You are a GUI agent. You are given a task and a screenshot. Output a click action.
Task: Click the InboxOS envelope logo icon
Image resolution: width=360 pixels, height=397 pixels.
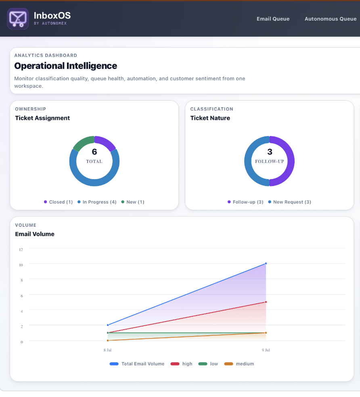pos(18,19)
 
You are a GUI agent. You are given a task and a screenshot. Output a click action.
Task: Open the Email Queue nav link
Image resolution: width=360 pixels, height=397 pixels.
pos(273,19)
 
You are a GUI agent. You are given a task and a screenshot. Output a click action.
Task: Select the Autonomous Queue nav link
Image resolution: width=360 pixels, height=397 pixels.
pos(331,19)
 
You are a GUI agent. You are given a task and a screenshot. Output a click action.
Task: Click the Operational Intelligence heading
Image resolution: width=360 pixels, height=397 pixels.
pos(66,66)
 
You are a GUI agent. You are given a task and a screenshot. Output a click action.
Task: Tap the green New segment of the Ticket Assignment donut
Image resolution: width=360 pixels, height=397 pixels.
pos(82,142)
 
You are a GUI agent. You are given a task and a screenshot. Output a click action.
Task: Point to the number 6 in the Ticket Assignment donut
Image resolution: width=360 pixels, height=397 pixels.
pos(94,152)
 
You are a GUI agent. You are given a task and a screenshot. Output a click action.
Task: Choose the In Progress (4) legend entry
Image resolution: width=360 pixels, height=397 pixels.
pos(97,202)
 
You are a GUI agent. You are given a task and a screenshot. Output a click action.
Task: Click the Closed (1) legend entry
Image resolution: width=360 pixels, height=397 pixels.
pos(58,202)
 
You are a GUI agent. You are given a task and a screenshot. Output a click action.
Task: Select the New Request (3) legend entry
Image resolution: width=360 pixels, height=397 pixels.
pos(289,202)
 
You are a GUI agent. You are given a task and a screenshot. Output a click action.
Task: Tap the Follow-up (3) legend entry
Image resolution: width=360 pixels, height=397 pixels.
pos(245,202)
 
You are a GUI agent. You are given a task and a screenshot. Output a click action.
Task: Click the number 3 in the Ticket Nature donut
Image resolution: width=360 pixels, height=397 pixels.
pos(270,152)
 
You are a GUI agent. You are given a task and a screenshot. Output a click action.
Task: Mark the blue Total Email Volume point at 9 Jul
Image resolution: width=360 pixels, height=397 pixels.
pos(266,263)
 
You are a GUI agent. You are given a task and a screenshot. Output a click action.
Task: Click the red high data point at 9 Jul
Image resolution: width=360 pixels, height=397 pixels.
pos(266,302)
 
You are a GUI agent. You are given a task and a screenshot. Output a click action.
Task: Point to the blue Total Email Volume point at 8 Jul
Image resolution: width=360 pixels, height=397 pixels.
pos(108,325)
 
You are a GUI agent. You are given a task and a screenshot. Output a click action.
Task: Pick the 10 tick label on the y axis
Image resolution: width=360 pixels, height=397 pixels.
pos(21,265)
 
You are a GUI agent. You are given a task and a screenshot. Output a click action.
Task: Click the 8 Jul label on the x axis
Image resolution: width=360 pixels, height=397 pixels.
pos(107,350)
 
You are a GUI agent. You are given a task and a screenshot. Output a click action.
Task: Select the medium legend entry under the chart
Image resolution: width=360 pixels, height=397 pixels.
pos(239,364)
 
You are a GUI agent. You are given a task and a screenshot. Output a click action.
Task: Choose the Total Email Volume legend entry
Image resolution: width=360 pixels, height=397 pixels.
pos(137,364)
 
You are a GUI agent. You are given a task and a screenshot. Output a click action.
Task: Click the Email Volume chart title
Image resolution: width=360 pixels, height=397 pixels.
pos(35,234)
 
